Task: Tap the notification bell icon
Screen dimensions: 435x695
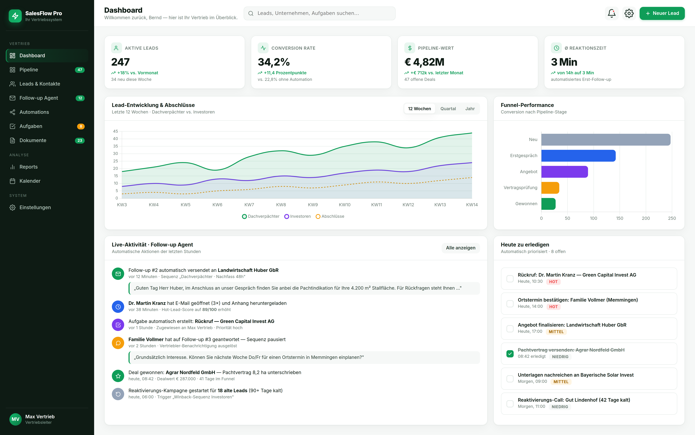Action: coord(611,13)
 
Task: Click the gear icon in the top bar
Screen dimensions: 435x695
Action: coord(629,13)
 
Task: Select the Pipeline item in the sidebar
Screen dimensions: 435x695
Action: coord(29,70)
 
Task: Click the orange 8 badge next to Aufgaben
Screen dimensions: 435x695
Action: coord(81,126)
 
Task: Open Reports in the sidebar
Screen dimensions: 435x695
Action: coord(28,167)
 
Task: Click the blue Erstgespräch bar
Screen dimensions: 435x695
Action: coord(578,156)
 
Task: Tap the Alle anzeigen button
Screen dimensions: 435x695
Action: coord(460,248)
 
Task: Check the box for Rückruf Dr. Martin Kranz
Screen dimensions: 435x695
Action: coord(510,279)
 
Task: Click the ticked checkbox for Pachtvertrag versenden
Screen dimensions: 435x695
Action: coord(510,354)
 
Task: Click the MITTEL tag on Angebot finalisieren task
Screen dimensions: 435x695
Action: coord(556,332)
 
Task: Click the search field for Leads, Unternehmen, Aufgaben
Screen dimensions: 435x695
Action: coord(319,13)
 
